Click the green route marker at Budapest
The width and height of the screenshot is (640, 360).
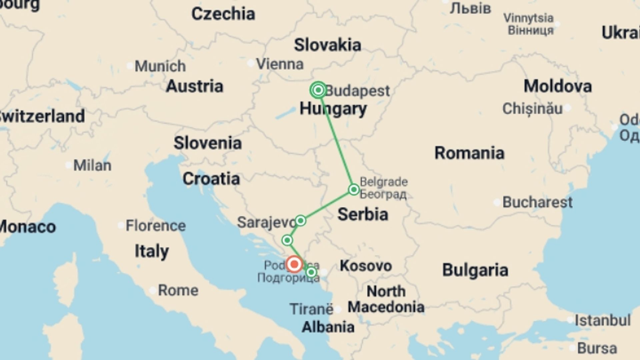tap(318, 90)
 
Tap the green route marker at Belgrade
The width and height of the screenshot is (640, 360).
tap(354, 190)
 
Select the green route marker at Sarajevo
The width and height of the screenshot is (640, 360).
tap(300, 221)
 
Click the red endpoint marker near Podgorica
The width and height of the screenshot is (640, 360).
tap(294, 264)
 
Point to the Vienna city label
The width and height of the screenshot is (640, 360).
tap(280, 64)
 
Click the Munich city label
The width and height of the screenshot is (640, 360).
tap(160, 66)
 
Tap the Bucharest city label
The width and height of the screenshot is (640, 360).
tap(537, 202)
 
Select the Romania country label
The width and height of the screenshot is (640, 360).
tap(469, 153)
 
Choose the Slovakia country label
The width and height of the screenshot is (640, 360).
tap(327, 45)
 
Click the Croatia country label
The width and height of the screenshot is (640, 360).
tap(211, 179)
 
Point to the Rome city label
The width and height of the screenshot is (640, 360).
tap(178, 290)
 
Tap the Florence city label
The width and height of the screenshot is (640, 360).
tap(156, 226)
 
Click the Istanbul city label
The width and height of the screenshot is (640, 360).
tap(602, 320)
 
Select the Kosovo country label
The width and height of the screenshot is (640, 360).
tap(366, 266)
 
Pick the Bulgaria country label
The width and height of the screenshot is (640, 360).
tap(475, 270)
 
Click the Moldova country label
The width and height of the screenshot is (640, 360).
tap(558, 86)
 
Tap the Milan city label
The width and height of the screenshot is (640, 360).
tap(92, 165)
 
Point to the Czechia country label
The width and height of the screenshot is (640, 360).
tap(223, 14)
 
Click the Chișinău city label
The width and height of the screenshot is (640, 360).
tap(532, 109)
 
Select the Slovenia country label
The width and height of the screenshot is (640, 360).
tap(207, 143)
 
